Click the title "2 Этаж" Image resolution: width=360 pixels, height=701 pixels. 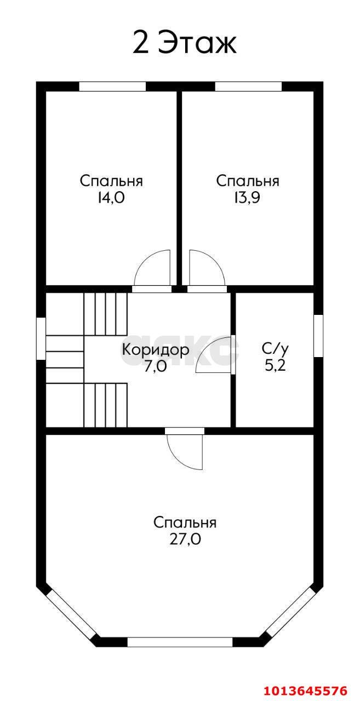[184, 43]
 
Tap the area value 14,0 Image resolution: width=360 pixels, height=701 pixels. [111, 198]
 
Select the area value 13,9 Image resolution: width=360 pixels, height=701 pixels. [247, 198]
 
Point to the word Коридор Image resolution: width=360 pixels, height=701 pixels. [155, 350]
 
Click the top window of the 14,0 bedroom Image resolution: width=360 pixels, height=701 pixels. [112, 87]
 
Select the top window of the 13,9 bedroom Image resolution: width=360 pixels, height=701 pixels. [248, 87]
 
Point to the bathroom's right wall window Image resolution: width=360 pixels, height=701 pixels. [318, 336]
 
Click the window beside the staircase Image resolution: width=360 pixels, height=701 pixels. [41, 338]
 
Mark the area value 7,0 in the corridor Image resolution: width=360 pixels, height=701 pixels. [155, 366]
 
